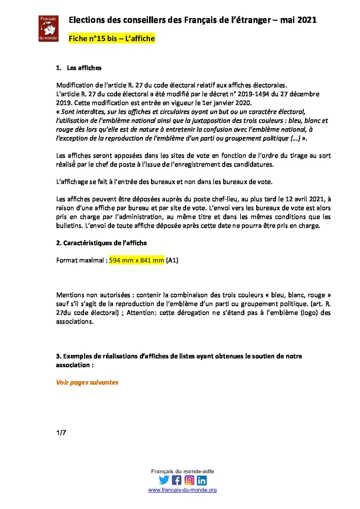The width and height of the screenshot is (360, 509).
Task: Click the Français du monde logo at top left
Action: click(48, 29)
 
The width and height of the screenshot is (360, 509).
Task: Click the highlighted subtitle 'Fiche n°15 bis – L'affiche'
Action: click(112, 38)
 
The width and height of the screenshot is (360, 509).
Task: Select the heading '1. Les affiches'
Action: click(79, 68)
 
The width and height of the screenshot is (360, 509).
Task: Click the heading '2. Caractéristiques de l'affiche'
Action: click(101, 243)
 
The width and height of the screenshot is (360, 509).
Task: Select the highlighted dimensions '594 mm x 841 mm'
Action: click(136, 260)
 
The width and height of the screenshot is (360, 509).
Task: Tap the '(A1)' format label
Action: click(172, 260)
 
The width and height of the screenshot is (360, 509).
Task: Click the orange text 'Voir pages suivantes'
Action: click(87, 382)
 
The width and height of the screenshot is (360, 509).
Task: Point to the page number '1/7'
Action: click(61, 432)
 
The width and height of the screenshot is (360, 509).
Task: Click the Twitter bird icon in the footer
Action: click(164, 480)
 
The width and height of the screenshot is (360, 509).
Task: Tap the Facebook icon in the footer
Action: click(177, 480)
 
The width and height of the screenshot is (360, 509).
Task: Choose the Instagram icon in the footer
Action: click(189, 480)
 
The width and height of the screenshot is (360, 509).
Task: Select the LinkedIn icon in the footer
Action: click(202, 480)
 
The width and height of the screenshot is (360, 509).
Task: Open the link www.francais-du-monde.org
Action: click(182, 490)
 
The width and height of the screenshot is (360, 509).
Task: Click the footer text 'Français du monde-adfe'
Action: click(182, 471)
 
